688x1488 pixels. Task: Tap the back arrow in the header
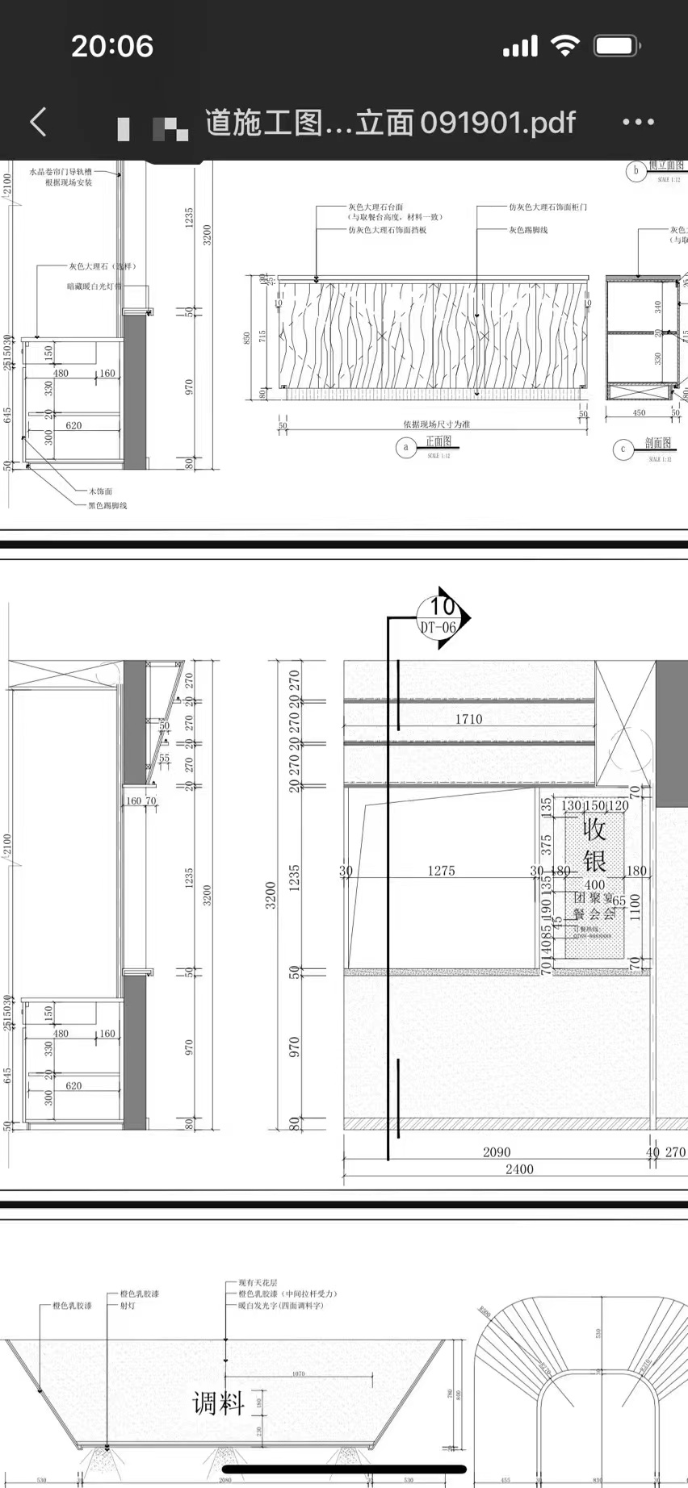[x=38, y=122]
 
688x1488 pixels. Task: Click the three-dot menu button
[x=638, y=122]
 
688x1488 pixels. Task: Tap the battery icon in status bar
[x=616, y=46]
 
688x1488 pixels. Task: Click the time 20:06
[x=112, y=46]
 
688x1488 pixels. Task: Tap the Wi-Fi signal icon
[x=565, y=46]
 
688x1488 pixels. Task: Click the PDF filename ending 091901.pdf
[x=390, y=123]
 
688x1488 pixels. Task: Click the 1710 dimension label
[x=468, y=719]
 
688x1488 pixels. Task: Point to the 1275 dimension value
[x=441, y=871]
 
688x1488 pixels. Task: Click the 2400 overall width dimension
[x=519, y=1169]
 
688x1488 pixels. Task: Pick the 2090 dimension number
[x=497, y=1152]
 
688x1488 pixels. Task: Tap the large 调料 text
[x=218, y=1403]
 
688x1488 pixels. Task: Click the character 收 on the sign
[x=594, y=830]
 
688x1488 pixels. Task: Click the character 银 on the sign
[x=595, y=861]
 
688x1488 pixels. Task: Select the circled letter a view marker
[x=405, y=447]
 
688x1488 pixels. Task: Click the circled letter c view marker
[x=623, y=449]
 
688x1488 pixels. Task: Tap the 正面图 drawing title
[x=438, y=441]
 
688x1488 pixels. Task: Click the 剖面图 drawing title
[x=658, y=443]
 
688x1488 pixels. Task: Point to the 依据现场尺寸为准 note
[x=436, y=424]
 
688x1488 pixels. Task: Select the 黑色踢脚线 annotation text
[x=107, y=506]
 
